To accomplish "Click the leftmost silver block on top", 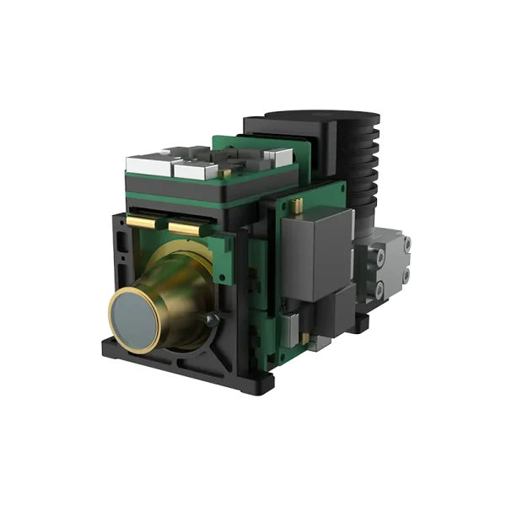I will (145, 165).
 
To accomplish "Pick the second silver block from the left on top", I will (192, 170).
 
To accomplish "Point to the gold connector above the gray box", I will (298, 206).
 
